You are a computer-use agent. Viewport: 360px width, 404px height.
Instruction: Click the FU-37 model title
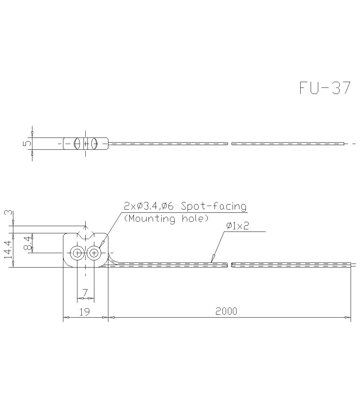coord(325,88)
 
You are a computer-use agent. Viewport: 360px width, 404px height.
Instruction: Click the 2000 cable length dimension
coord(226,311)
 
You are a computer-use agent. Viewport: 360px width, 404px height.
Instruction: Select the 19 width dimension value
coord(85,311)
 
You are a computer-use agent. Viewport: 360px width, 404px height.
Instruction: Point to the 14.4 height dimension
coord(8,250)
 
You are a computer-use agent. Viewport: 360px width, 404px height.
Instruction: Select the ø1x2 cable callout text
coord(238,226)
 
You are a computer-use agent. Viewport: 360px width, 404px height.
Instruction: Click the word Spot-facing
coord(214,206)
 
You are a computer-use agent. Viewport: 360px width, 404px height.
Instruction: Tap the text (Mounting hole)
coord(166,219)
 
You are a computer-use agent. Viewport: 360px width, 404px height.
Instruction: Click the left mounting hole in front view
coord(77,253)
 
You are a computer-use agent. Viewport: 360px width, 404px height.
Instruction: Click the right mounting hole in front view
coord(94,253)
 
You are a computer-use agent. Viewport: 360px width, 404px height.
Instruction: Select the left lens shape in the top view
coord(77,143)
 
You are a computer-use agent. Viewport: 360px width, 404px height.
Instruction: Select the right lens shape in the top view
coord(95,143)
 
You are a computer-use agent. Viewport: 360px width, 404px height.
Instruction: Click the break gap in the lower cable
coord(229,265)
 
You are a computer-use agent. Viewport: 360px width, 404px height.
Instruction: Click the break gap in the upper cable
coord(230,144)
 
